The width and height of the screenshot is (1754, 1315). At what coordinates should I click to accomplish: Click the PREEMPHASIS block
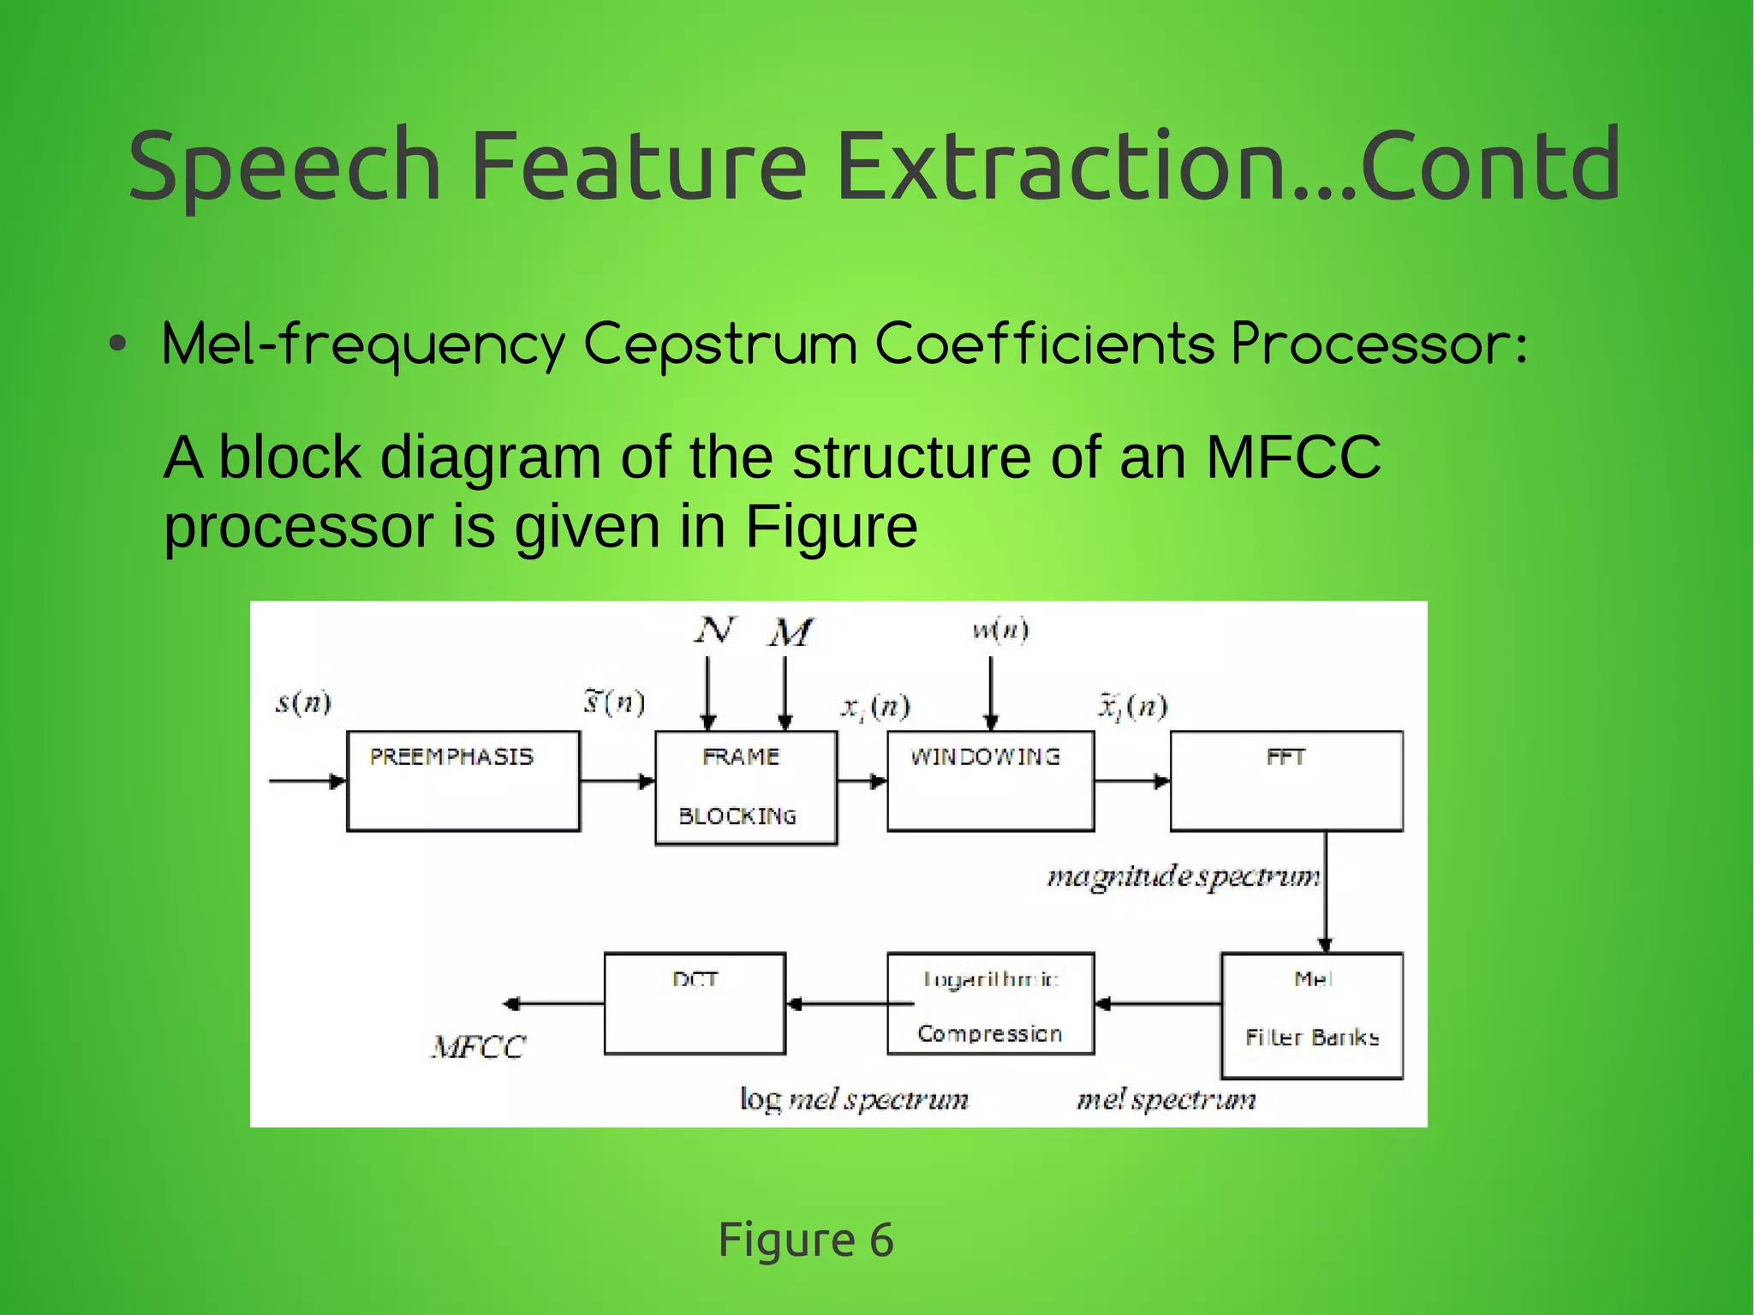point(463,780)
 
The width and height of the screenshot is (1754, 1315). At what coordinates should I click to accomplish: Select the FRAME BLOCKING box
point(745,787)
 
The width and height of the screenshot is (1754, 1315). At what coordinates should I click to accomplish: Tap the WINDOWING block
point(990,780)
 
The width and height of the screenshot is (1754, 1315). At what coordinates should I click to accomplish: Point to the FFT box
point(1286,780)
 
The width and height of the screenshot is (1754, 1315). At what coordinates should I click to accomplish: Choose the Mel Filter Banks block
point(1312,1014)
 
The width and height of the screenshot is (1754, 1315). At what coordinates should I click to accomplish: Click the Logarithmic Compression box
point(990,1003)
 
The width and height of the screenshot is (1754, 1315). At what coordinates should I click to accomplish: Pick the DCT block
point(695,1003)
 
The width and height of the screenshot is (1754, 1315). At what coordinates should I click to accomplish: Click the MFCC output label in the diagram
point(478,1047)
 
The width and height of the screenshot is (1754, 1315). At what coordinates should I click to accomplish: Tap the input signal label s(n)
point(303,702)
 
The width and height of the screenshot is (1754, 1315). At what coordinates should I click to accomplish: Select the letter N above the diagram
point(714,631)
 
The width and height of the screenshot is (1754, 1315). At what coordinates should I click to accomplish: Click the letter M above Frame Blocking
point(790,633)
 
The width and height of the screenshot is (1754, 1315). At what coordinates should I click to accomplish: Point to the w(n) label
point(1000,631)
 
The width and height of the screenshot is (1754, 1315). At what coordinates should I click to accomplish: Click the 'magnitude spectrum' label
point(1183,876)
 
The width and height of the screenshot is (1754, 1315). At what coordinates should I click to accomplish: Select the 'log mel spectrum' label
point(854,1099)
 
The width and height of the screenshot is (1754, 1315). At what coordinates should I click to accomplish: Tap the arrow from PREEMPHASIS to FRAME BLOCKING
point(617,780)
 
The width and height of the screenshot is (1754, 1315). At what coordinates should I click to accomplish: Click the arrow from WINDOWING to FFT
point(1132,780)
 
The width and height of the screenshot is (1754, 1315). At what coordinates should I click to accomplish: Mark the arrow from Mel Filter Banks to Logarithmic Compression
point(1158,1003)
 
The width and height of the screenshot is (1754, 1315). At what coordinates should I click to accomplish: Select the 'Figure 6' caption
point(806,1239)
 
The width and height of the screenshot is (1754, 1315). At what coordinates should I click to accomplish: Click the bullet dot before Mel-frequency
point(118,345)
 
